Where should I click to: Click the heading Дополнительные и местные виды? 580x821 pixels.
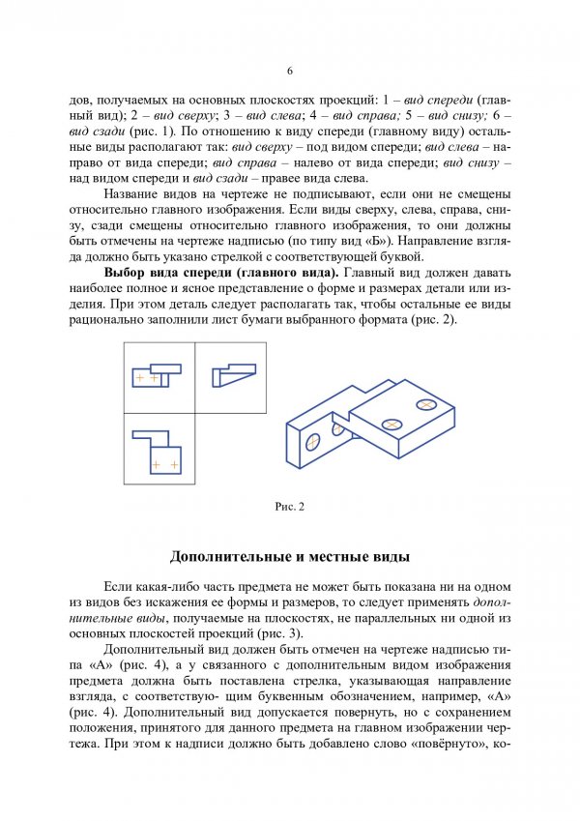click(x=289, y=557)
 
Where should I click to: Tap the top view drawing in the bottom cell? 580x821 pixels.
click(x=158, y=450)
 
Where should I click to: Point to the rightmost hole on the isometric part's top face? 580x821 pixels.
click(x=426, y=402)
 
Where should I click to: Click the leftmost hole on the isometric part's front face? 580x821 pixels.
click(x=313, y=441)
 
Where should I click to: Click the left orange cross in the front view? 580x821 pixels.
click(x=140, y=377)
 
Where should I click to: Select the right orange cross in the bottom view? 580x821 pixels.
click(x=174, y=465)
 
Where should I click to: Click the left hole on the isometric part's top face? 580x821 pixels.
click(x=391, y=424)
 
